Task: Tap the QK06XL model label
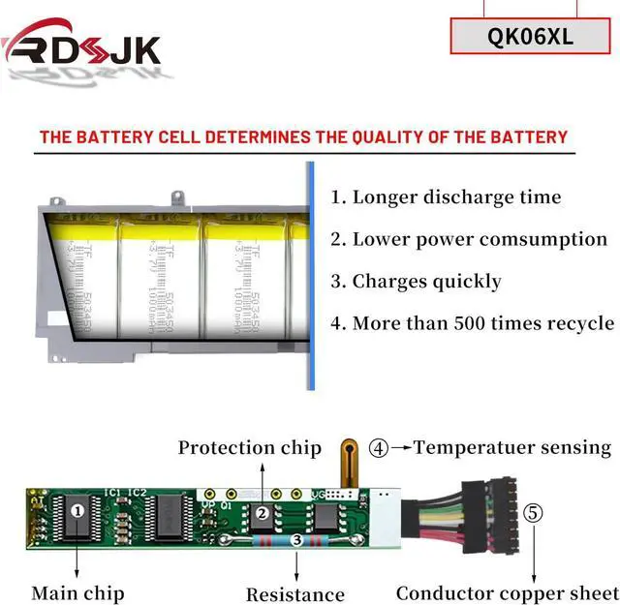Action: (x=531, y=37)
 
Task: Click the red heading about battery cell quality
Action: (x=303, y=136)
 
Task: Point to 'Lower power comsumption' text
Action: (x=469, y=239)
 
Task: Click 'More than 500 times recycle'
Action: (x=473, y=323)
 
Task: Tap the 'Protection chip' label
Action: (x=249, y=447)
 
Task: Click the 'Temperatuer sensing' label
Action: (x=512, y=447)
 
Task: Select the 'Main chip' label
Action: (x=77, y=592)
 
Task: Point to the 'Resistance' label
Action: (x=295, y=594)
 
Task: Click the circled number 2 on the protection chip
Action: (x=262, y=513)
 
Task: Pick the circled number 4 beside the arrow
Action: (x=378, y=448)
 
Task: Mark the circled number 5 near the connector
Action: (x=534, y=512)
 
